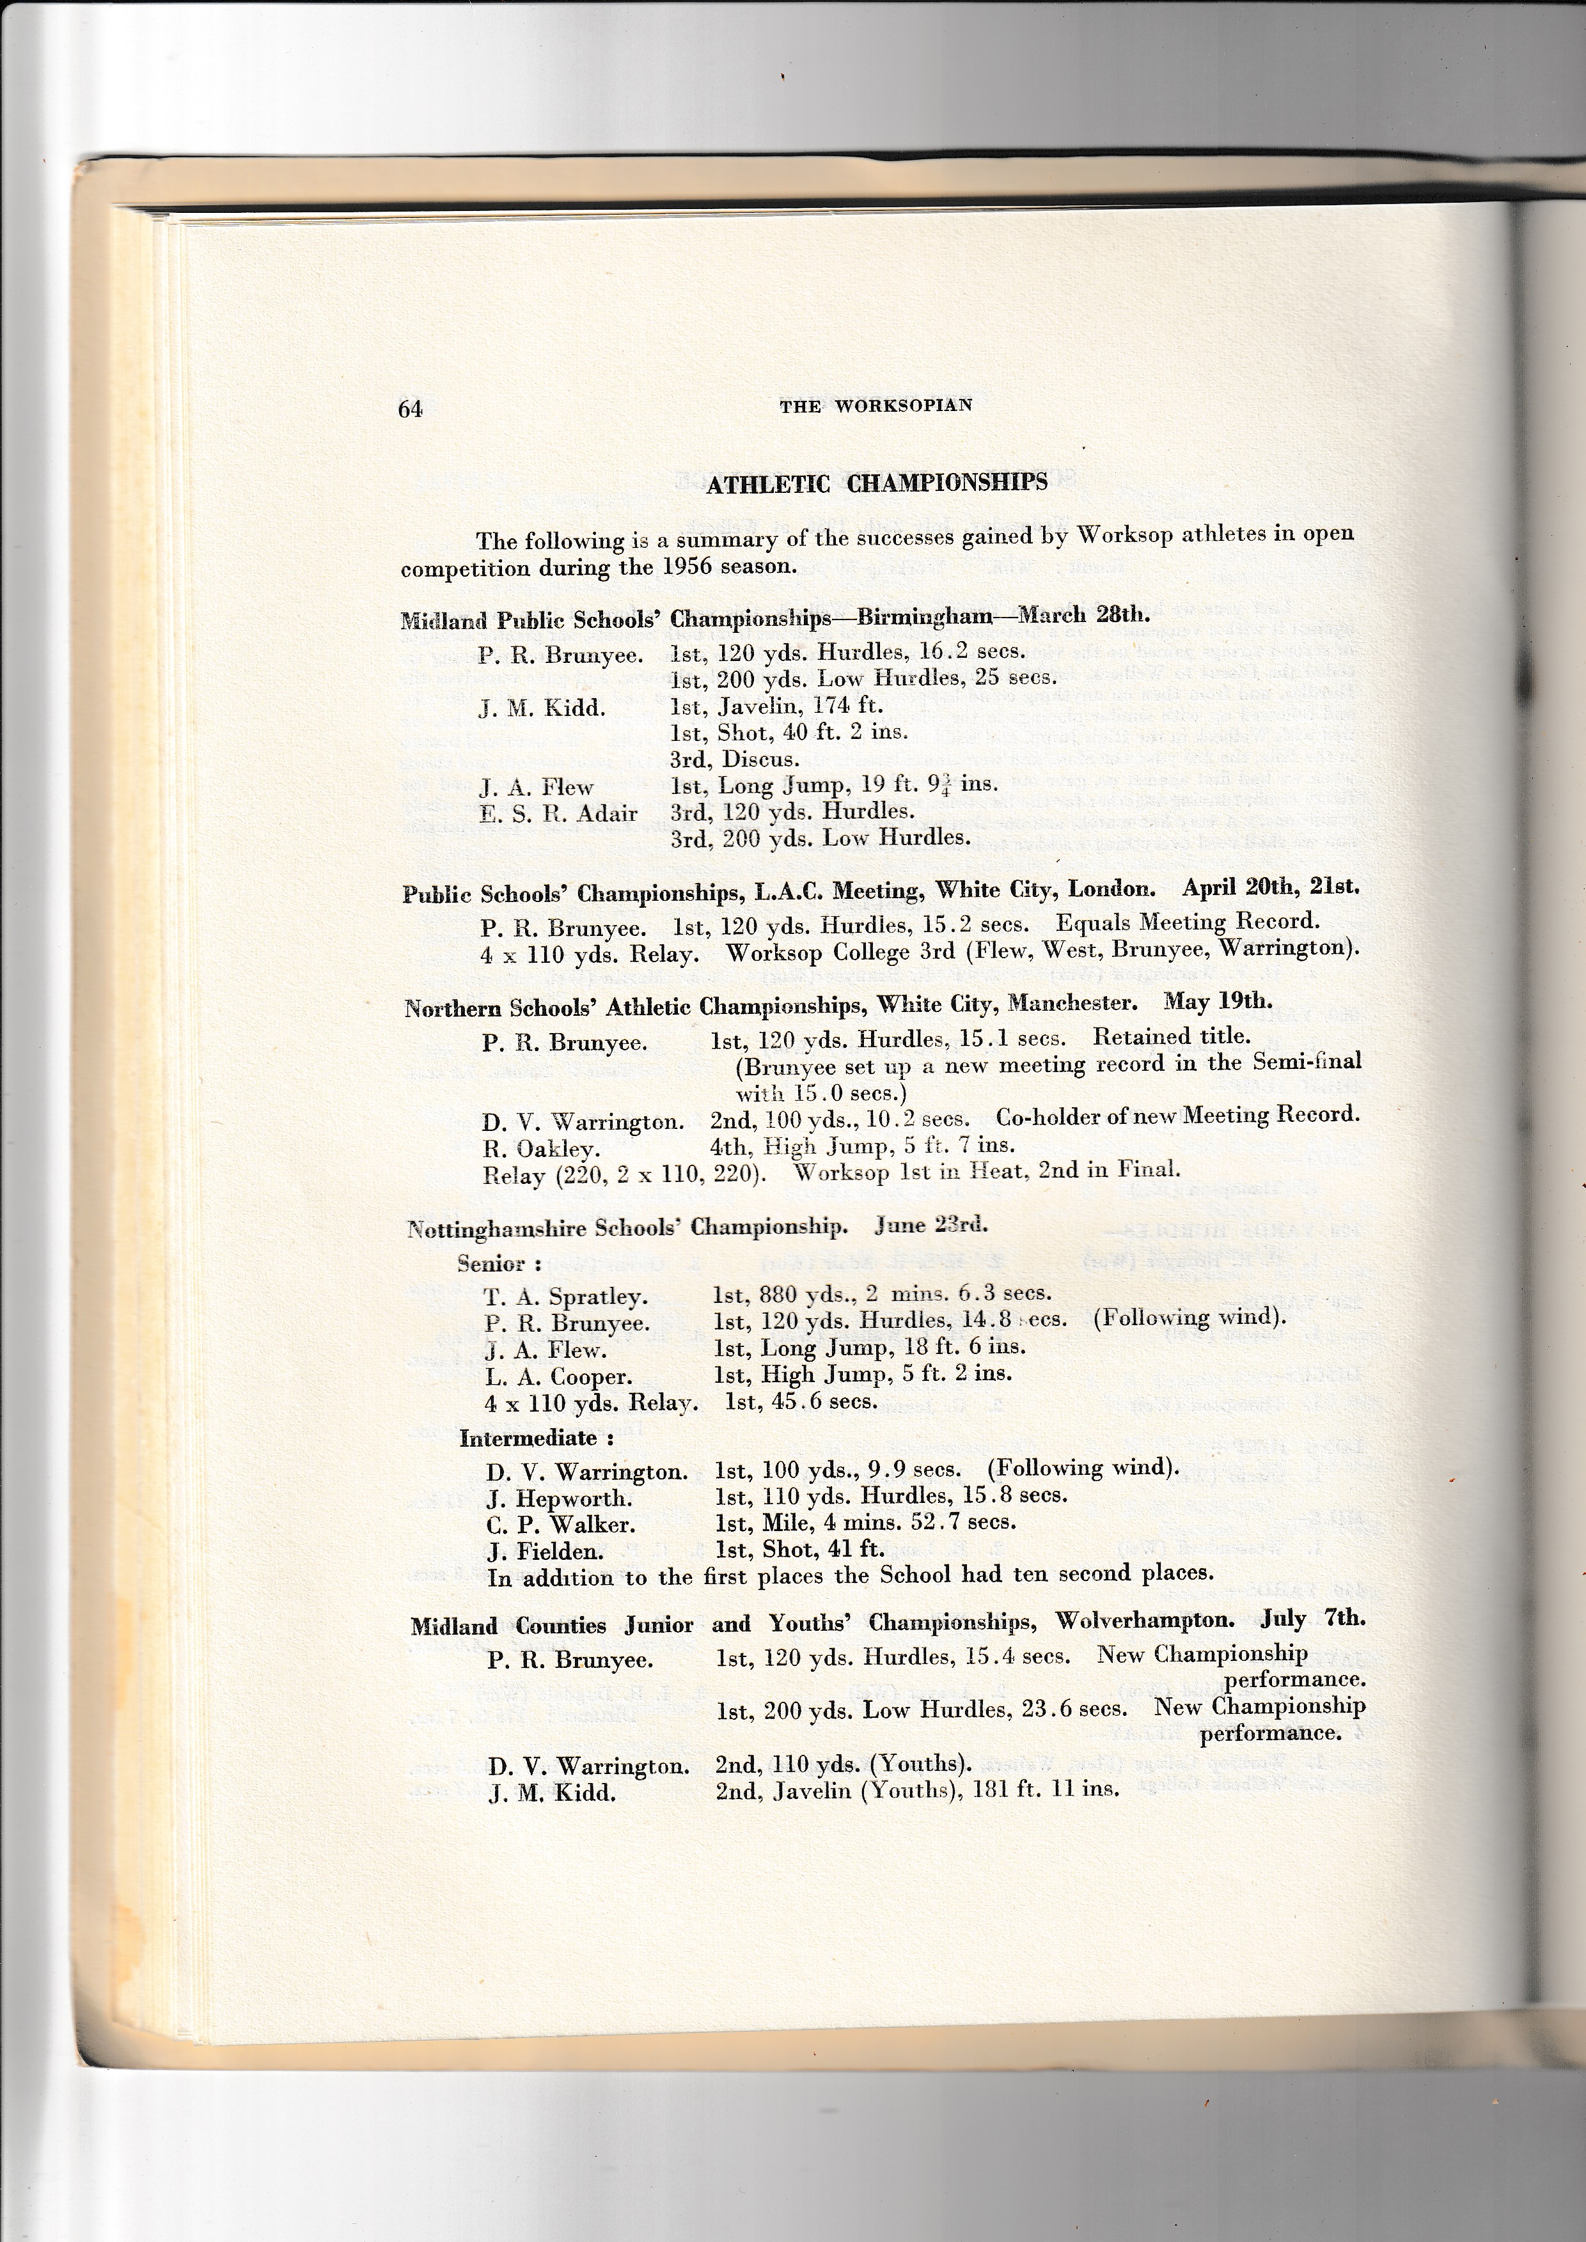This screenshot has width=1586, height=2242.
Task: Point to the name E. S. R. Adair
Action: tap(558, 813)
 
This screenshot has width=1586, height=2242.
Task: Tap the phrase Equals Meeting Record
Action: tap(1188, 921)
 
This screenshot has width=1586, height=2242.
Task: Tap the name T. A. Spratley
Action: tap(565, 1296)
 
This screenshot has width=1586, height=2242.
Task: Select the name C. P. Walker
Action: tap(561, 1524)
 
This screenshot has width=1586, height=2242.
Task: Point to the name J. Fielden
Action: tap(545, 1551)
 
